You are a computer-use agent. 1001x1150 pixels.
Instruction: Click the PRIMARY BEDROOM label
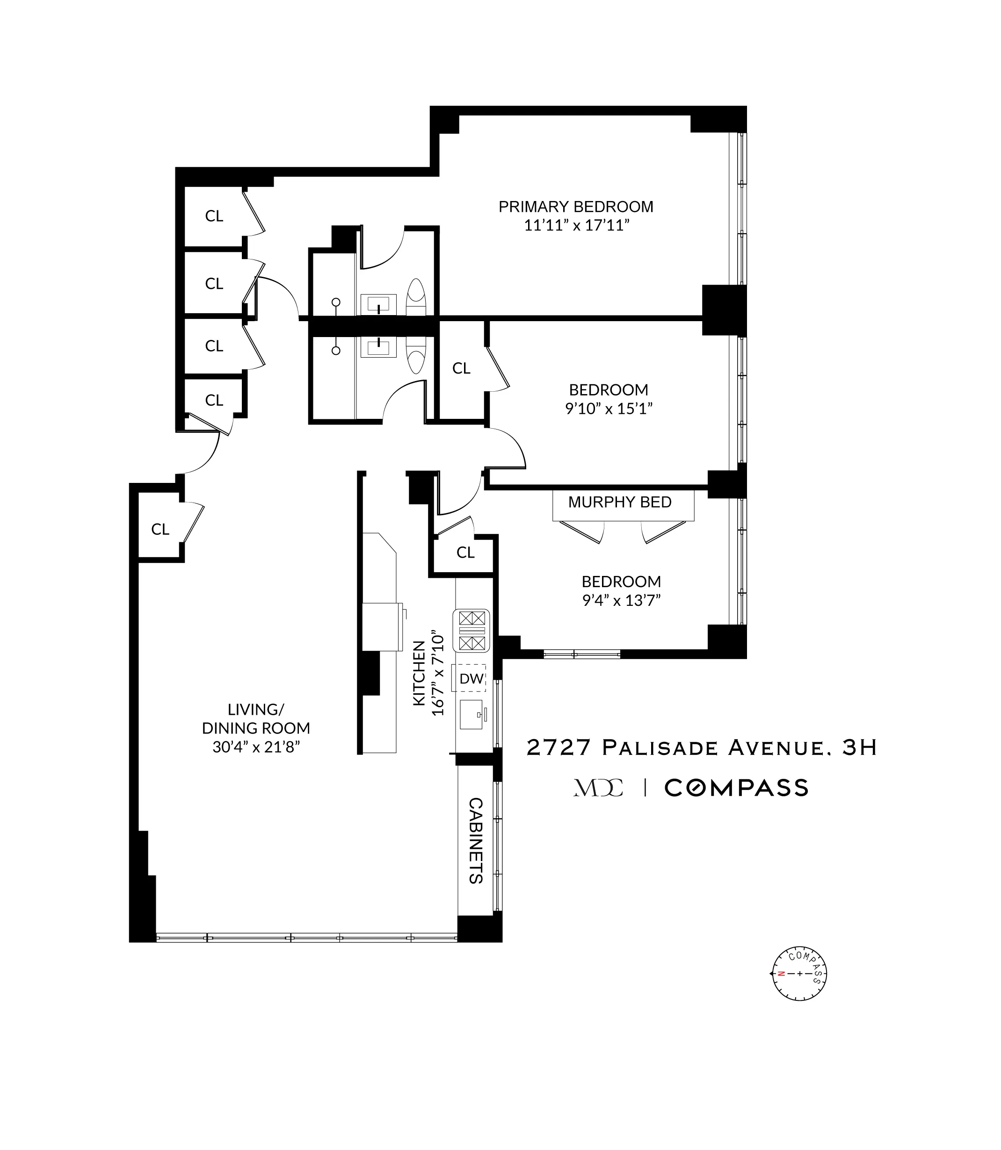575,207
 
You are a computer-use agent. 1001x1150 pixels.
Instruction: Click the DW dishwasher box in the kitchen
471,679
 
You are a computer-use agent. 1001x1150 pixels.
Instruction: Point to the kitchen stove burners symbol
471,631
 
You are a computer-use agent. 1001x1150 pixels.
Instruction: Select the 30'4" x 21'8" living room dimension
256,747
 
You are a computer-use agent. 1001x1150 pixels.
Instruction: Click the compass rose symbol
799,974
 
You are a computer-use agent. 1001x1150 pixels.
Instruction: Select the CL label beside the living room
160,529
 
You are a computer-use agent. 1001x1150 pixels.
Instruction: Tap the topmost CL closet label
214,216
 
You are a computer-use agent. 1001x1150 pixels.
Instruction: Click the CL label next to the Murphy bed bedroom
465,552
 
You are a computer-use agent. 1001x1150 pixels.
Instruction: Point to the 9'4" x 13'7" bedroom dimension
621,601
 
